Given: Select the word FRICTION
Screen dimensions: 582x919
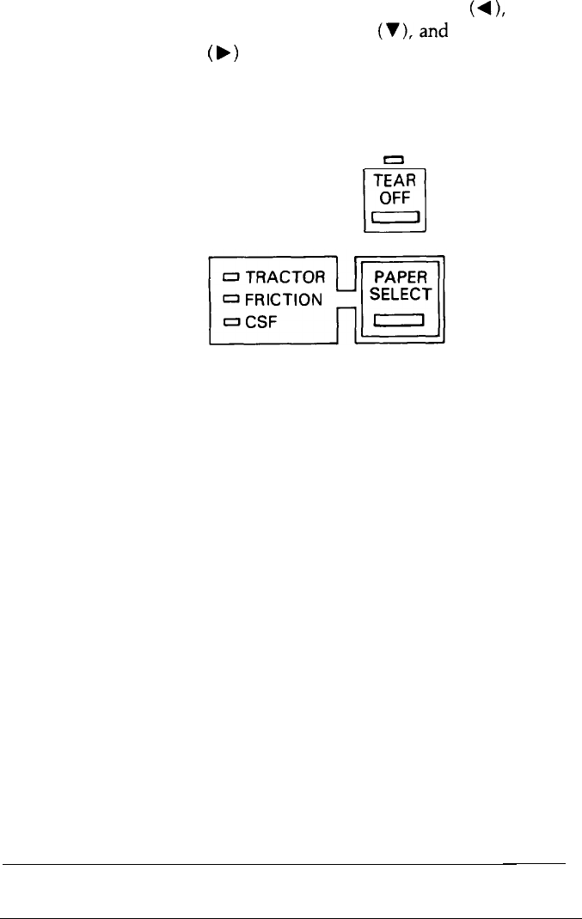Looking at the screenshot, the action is point(285,300).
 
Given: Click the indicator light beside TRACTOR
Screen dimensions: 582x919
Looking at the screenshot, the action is point(232,277).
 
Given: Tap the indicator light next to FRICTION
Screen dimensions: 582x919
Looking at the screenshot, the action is point(232,300).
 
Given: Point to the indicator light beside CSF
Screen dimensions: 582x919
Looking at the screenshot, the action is point(232,322).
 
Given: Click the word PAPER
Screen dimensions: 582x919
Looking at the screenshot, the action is point(400,277).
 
